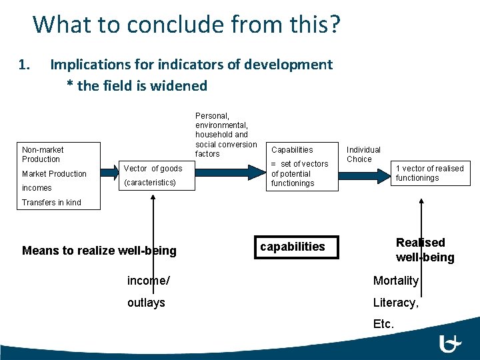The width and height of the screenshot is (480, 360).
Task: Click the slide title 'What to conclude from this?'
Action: tap(187, 24)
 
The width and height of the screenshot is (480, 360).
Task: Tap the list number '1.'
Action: tap(25, 65)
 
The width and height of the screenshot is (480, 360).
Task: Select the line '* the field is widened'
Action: tap(137, 85)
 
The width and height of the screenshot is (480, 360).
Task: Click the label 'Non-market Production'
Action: tap(42, 155)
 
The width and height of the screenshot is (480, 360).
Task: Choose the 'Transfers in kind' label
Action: tap(51, 203)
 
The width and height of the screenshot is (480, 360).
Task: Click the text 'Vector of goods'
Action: tap(153, 169)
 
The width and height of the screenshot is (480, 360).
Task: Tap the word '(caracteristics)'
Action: tap(150, 182)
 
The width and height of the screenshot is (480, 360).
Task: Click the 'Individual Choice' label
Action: tap(363, 155)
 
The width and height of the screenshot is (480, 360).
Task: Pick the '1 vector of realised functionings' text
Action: tap(429, 173)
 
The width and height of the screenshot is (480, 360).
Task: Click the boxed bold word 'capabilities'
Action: tap(293, 247)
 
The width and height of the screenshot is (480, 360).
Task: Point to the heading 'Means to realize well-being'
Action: tap(99, 251)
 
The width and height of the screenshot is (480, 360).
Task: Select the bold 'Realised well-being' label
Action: tap(425, 250)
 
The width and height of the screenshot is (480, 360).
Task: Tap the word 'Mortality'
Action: tap(395, 281)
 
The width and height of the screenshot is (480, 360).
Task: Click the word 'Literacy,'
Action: tap(395, 303)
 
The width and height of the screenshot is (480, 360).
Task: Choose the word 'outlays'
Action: tap(146, 303)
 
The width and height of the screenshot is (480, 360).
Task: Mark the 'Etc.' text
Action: tap(383, 325)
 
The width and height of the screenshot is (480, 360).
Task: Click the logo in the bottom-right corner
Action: tap(451, 343)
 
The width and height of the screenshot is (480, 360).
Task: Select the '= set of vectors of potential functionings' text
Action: tap(299, 173)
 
